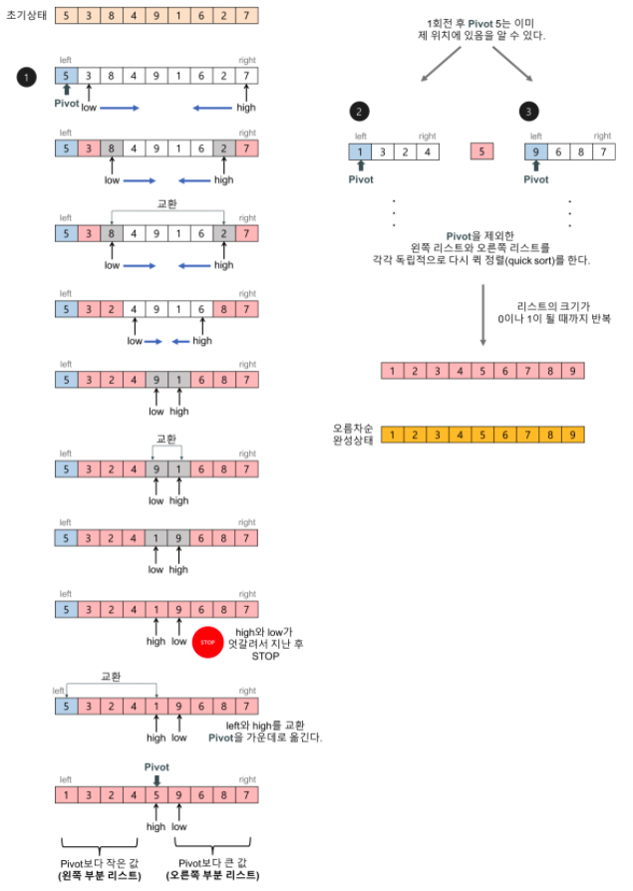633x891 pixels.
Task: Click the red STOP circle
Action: [207, 643]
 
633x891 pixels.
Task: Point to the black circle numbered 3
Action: [528, 113]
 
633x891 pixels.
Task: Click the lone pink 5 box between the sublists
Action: [482, 152]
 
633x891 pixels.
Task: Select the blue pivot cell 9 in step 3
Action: [535, 152]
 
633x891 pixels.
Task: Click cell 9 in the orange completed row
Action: [572, 435]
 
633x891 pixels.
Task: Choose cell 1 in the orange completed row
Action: [393, 435]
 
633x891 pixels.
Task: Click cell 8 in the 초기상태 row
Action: [110, 16]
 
